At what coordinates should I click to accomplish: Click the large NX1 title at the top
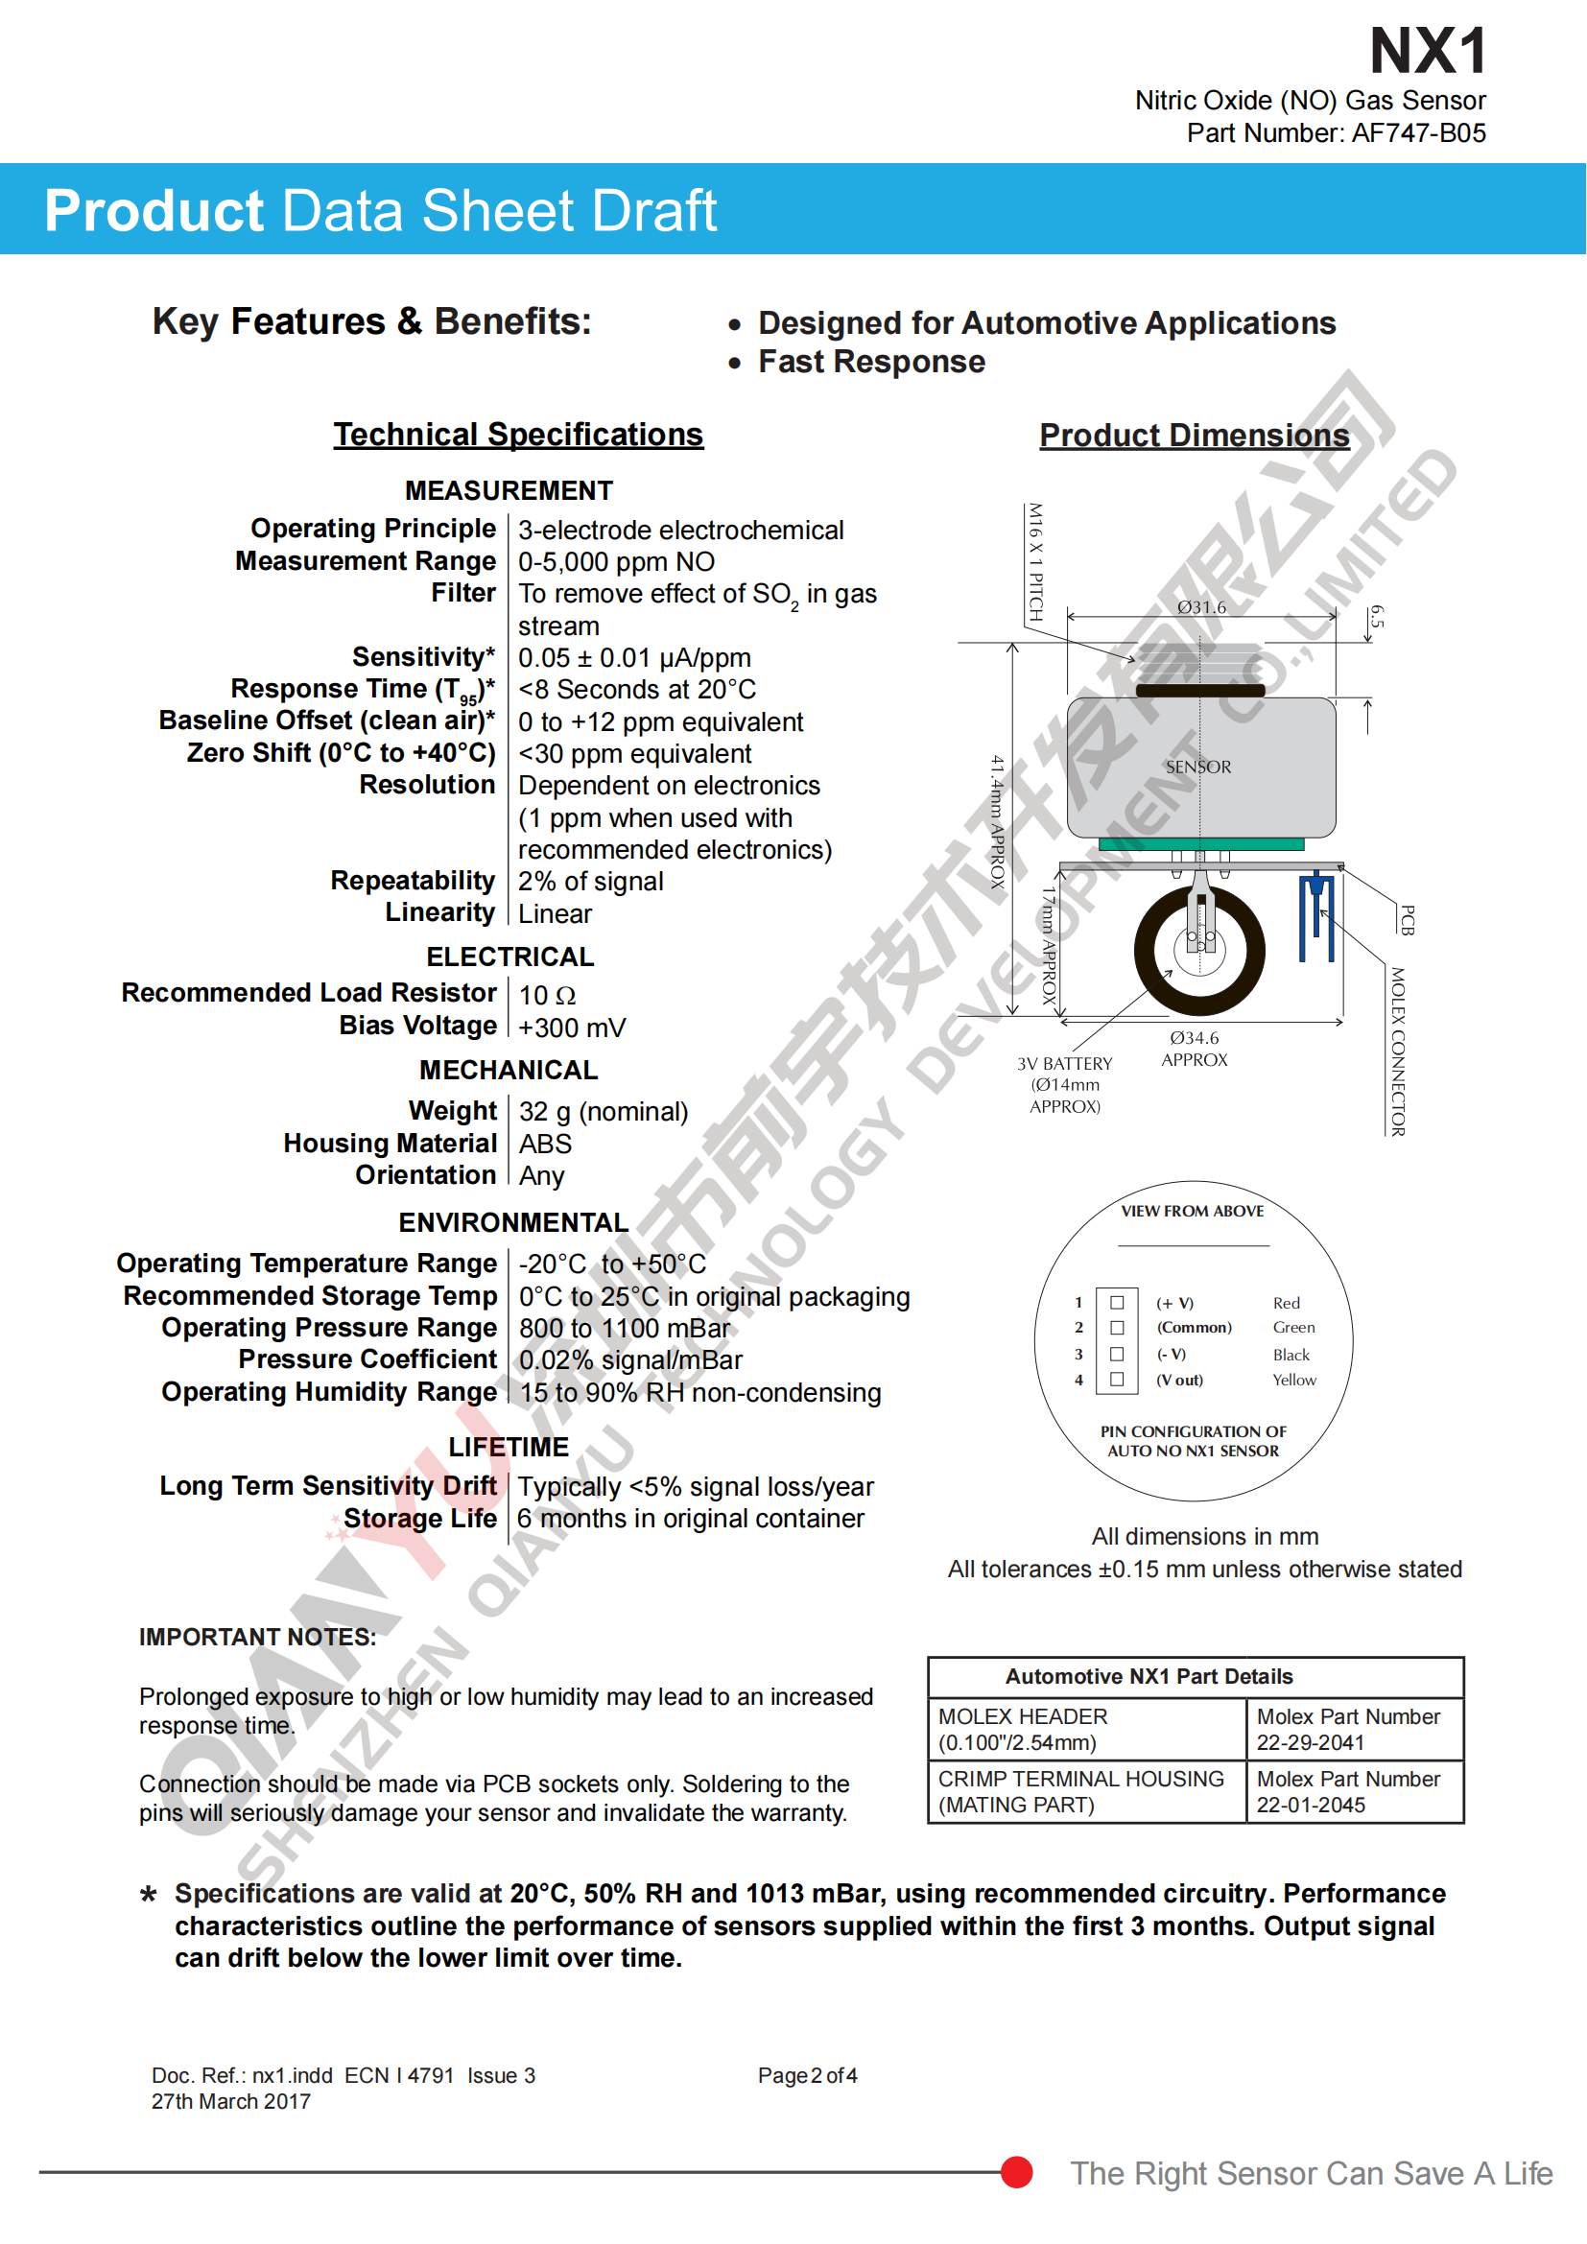[1427, 51]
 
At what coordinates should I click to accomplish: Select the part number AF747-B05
[1418, 133]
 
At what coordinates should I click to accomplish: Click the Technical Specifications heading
[518, 434]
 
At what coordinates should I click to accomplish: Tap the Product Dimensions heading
[1194, 435]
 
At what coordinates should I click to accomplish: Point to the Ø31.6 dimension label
[1201, 607]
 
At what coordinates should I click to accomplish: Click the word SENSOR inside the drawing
[1198, 768]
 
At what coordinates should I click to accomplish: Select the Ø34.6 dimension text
[1195, 1038]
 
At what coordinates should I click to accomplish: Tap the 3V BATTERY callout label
[1064, 1063]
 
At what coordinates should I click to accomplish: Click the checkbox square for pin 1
[1117, 1302]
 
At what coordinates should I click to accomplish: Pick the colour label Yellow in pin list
[1293, 1380]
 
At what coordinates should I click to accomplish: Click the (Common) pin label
[1195, 1327]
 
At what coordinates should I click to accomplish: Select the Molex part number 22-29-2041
[1310, 1742]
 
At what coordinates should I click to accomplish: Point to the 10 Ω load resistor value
[547, 995]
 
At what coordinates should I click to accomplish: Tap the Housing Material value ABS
[545, 1144]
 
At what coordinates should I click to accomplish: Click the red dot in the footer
[1016, 2172]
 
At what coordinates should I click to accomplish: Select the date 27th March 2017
[230, 2101]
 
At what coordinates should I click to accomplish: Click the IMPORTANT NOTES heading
[257, 1637]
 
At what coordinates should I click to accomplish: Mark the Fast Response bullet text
[871, 362]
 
